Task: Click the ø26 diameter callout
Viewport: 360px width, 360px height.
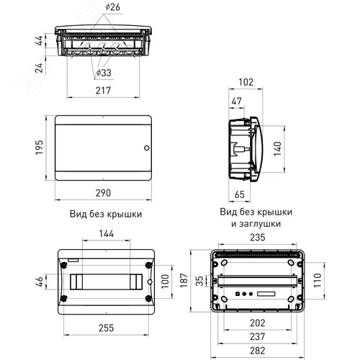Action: pos(112,7)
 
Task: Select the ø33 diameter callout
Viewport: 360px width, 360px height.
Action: pos(104,73)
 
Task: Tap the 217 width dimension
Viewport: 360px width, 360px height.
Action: pos(103,91)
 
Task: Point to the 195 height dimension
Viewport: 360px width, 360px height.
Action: pos(40,148)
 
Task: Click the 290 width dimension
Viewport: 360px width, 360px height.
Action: pos(103,193)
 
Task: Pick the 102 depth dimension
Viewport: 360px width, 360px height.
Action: pos(246,82)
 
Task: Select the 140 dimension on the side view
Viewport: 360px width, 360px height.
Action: pos(277,149)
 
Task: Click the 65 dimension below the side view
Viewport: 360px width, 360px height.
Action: pos(240,194)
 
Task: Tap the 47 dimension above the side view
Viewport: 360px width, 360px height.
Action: pos(237,101)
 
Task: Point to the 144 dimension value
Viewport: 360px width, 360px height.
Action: pos(107,233)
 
